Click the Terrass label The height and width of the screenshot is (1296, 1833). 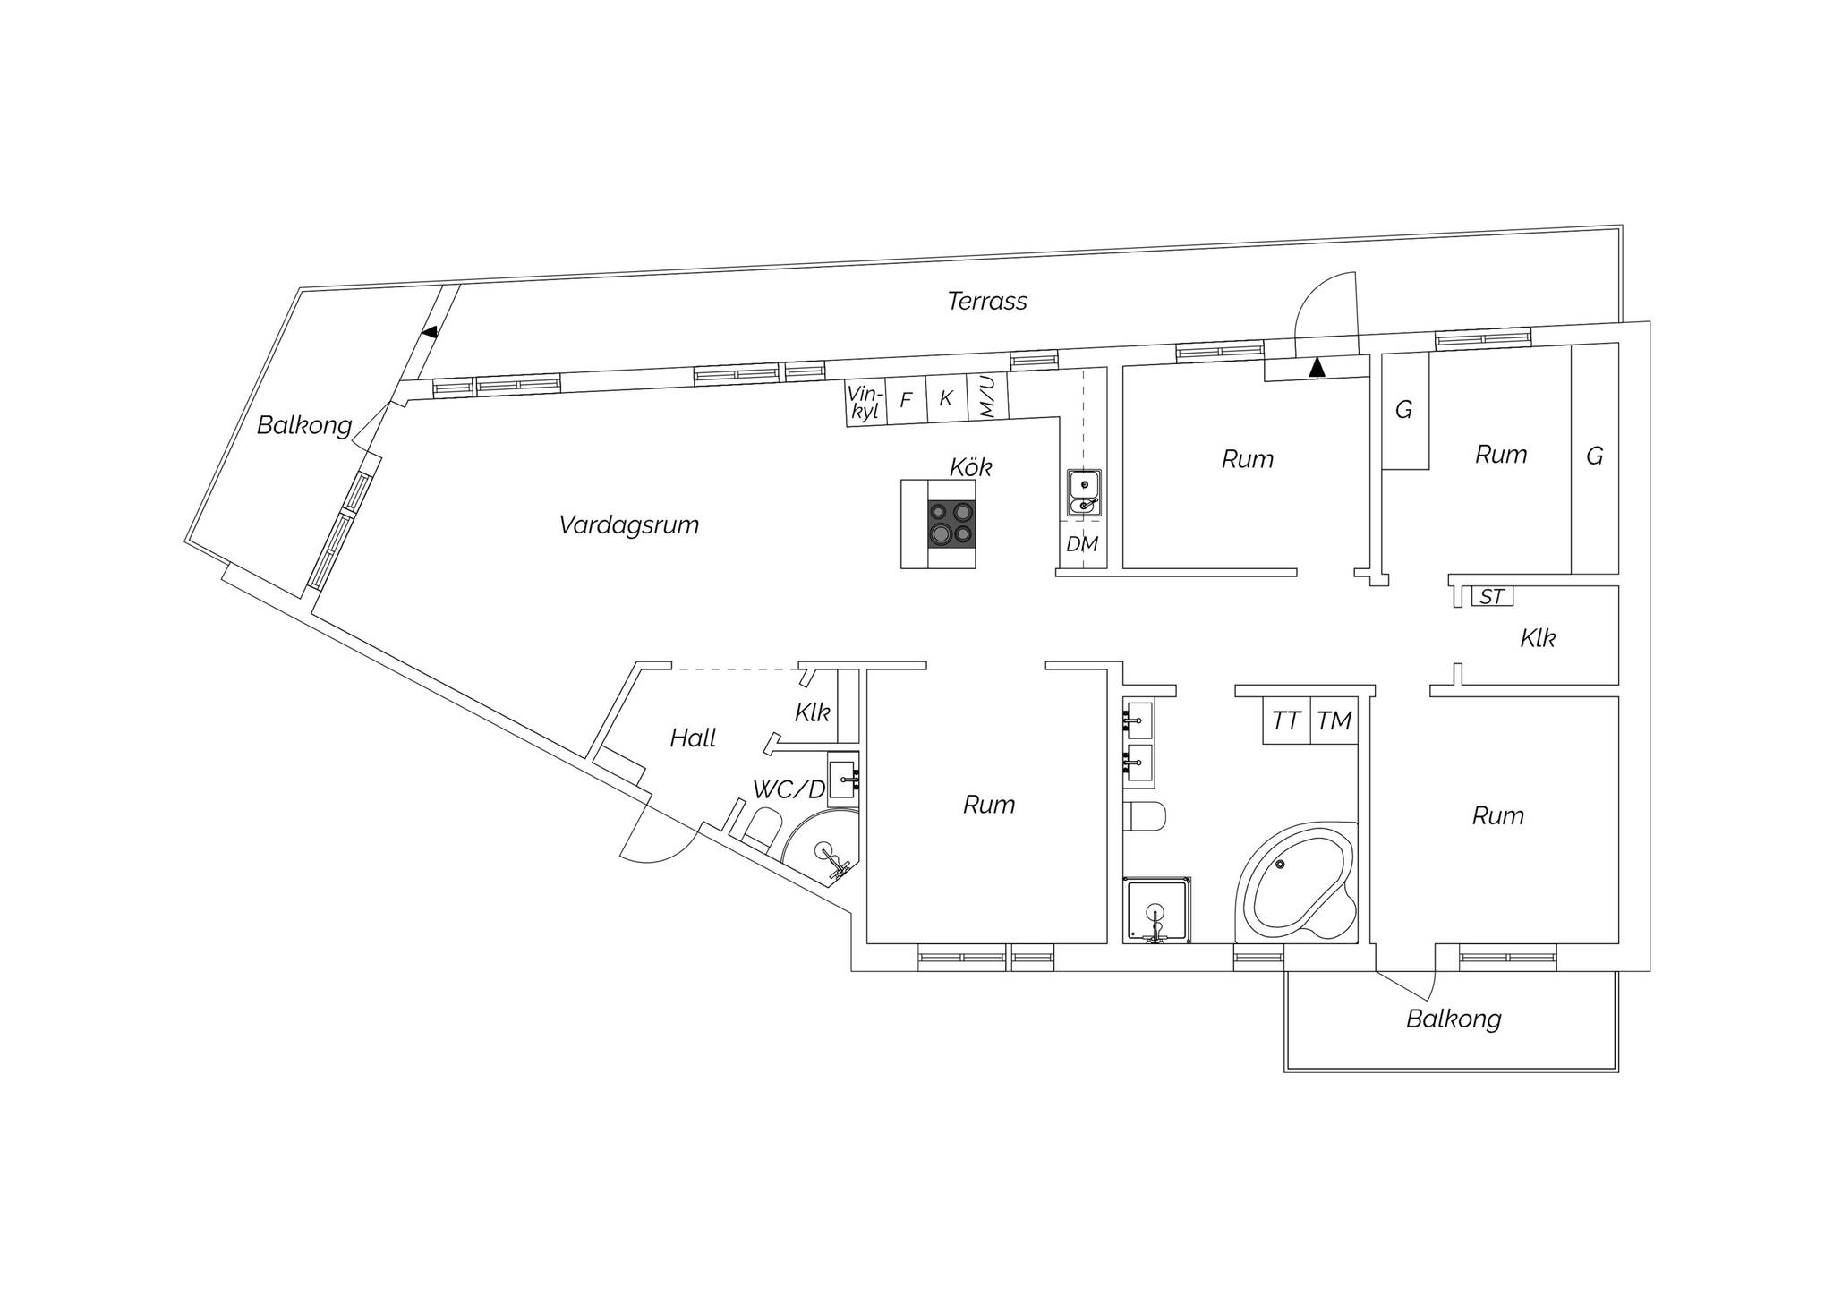pyautogui.click(x=987, y=301)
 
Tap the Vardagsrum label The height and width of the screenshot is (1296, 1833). pyautogui.click(x=628, y=524)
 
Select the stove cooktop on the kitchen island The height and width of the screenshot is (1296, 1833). pyautogui.click(x=951, y=524)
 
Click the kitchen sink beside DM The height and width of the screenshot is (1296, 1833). pyautogui.click(x=1084, y=493)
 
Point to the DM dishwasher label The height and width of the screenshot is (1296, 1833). pyautogui.click(x=1082, y=544)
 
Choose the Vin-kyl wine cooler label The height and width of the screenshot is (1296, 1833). pyautogui.click(x=865, y=402)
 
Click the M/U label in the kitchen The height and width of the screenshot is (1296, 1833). pyautogui.click(x=987, y=397)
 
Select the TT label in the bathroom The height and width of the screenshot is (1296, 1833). pyautogui.click(x=1286, y=720)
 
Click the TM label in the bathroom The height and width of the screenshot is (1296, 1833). pyautogui.click(x=1334, y=720)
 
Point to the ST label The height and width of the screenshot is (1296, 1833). pyautogui.click(x=1492, y=596)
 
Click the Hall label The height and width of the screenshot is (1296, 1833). pyautogui.click(x=693, y=738)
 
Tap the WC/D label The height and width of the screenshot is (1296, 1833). pyautogui.click(x=789, y=789)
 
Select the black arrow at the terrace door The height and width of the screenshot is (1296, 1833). pyautogui.click(x=1316, y=366)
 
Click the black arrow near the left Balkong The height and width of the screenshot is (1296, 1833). pyautogui.click(x=431, y=332)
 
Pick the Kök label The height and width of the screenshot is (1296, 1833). pyautogui.click(x=971, y=467)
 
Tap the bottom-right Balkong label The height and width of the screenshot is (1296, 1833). pyautogui.click(x=1454, y=1019)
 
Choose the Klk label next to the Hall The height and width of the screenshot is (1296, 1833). pyautogui.click(x=813, y=713)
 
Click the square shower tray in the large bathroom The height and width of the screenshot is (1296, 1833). pyautogui.click(x=1157, y=910)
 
